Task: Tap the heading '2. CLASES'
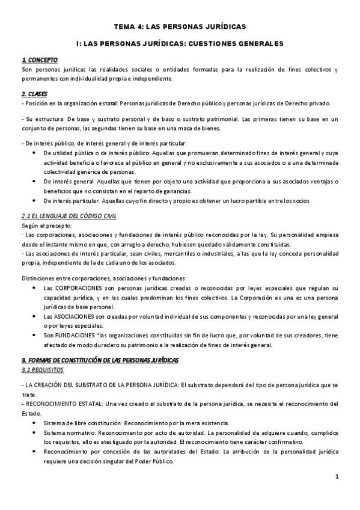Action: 35,94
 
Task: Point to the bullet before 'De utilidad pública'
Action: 32,153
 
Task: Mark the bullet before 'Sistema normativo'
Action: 32,432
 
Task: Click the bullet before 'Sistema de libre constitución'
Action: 32,422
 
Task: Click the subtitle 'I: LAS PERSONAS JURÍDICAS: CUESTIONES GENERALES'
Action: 180,43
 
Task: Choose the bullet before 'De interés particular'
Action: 32,200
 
